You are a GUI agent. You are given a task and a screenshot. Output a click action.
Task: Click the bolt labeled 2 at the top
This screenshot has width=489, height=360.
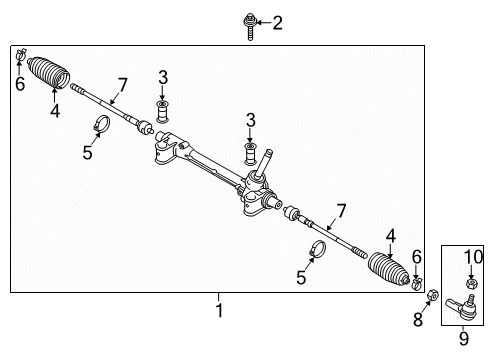coord(250,27)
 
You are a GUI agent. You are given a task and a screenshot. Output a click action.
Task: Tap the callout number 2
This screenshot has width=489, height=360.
coord(277,23)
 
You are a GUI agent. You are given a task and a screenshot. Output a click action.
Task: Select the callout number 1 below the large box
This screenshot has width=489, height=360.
coord(219,310)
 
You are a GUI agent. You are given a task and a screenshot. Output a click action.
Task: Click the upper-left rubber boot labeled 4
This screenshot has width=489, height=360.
coord(49,73)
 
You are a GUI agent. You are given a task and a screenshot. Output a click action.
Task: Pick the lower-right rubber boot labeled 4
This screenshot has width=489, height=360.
coord(388,269)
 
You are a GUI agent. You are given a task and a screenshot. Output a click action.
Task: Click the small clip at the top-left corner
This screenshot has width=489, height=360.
coord(20,55)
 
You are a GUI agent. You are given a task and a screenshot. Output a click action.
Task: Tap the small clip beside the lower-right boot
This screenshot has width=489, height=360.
coord(416,284)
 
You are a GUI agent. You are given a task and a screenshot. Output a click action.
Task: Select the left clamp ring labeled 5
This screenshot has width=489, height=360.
coord(102,123)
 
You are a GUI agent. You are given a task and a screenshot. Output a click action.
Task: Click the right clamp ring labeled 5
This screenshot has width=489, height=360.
coord(318,249)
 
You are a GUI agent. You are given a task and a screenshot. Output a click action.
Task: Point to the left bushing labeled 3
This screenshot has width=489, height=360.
coord(162,112)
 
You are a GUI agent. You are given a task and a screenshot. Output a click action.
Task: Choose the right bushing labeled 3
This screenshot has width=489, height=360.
coord(251,154)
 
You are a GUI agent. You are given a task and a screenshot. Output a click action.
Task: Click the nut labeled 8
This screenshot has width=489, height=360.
coord(433,295)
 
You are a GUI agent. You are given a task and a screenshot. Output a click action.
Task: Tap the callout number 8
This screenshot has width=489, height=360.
coord(418,319)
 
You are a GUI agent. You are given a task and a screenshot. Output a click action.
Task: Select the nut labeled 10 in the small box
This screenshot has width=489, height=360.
coord(471,284)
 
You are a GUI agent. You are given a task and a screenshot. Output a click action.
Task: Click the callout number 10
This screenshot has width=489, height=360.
coord(473,257)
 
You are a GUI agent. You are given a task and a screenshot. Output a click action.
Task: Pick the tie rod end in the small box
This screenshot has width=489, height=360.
coord(463,308)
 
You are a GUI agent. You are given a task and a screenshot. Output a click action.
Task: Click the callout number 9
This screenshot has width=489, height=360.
coord(464,339)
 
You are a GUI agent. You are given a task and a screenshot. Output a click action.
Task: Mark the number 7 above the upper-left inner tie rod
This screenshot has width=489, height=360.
coord(122,85)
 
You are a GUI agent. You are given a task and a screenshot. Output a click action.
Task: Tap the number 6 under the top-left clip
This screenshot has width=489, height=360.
coord(20,84)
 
